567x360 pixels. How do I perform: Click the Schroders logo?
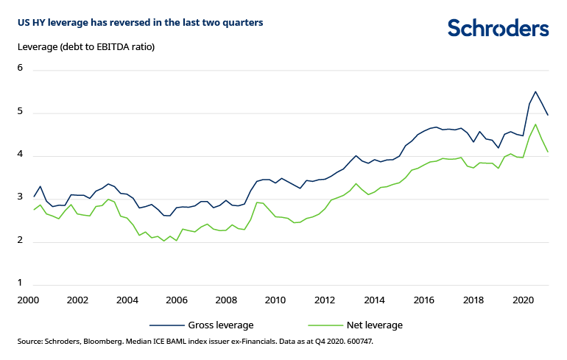[498, 29]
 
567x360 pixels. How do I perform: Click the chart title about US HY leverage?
[140, 23]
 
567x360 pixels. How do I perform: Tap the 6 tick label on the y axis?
[21, 68]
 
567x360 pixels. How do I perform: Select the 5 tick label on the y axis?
[21, 112]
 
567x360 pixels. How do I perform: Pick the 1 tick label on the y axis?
[21, 283]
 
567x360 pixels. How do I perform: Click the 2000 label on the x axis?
[28, 300]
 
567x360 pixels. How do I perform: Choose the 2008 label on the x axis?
[225, 300]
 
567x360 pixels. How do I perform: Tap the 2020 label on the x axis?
[522, 300]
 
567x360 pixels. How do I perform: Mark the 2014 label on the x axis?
[374, 300]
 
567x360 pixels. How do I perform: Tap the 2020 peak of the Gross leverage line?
[535, 92]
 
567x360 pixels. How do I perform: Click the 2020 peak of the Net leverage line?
[535, 124]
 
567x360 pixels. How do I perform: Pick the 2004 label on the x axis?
[127, 300]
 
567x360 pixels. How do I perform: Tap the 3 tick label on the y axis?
[21, 198]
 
